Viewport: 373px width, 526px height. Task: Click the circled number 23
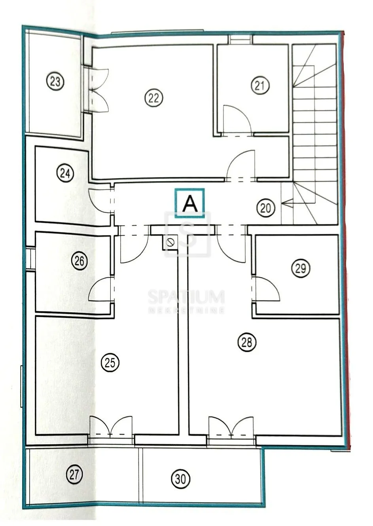(55, 82)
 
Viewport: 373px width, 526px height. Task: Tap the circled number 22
(154, 98)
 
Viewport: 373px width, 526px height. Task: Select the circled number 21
(260, 85)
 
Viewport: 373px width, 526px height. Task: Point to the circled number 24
(65, 173)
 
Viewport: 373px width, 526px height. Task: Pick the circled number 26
(79, 261)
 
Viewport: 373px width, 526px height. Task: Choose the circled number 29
(301, 268)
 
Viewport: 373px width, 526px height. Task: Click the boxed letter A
(190, 203)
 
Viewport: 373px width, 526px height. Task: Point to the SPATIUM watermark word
(186, 296)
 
